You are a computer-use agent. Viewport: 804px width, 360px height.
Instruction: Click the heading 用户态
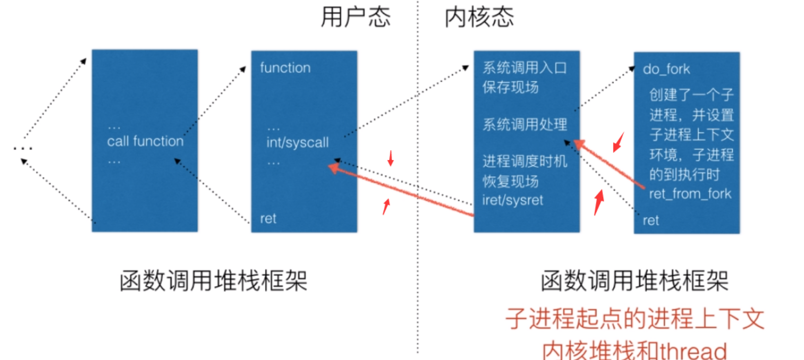pos(355,17)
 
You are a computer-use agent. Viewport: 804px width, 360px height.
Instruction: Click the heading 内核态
pos(479,17)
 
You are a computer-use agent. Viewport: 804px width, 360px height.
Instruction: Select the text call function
pos(145,141)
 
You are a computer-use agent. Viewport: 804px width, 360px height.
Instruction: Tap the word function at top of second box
pos(285,68)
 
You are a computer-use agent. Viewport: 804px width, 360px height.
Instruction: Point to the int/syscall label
pos(297,143)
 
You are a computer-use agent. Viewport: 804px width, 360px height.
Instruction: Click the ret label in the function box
pos(268,219)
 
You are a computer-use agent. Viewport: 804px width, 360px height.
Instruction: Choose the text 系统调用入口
pos(524,68)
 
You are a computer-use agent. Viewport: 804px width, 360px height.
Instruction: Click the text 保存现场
pos(510,87)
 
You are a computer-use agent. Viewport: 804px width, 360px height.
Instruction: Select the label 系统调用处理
pos(525,125)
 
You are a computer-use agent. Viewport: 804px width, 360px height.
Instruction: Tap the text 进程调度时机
pos(525,161)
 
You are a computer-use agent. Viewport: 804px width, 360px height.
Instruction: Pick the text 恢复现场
pos(510,181)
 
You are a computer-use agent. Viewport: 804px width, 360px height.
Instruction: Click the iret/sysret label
pos(513,200)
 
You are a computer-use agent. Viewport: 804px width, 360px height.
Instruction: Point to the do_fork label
pos(666,69)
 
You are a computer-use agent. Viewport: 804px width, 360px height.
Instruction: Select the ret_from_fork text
pos(690,194)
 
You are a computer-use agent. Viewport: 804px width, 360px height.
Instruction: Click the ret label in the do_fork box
pos(651,221)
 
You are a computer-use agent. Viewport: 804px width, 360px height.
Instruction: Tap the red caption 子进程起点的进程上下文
pos(634,319)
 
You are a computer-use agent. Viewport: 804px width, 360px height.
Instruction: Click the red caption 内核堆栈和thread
pos(634,350)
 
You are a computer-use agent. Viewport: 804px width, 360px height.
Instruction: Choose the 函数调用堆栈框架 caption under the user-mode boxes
pos(213,281)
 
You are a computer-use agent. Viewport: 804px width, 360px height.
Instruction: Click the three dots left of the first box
pos(23,148)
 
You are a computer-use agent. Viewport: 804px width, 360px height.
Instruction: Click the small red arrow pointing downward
pos(391,158)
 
